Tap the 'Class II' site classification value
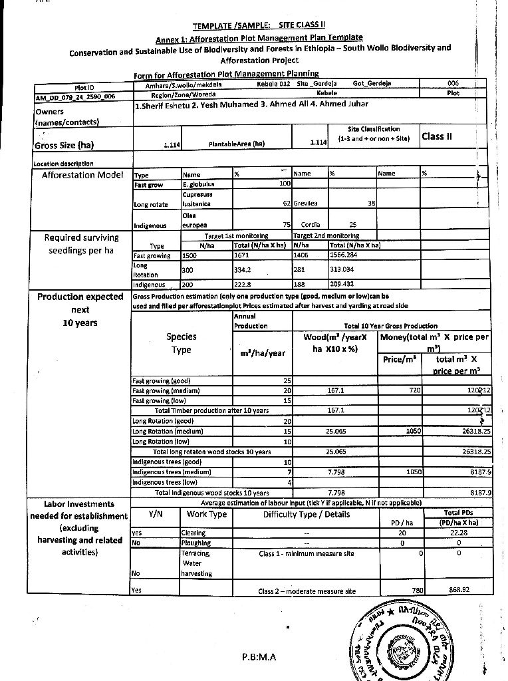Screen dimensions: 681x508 click(x=437, y=136)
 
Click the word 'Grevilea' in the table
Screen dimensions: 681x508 click(x=307, y=204)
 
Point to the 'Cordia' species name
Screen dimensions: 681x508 click(x=311, y=225)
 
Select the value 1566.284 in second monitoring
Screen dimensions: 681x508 click(x=348, y=255)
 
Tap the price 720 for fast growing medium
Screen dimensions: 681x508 click(x=414, y=390)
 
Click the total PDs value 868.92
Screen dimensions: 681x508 click(x=459, y=590)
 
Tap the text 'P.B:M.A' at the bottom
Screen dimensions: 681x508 click(x=259, y=658)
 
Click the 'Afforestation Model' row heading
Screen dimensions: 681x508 click(x=82, y=175)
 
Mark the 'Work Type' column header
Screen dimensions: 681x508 click(x=207, y=514)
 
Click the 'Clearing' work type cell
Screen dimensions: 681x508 click(x=193, y=533)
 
